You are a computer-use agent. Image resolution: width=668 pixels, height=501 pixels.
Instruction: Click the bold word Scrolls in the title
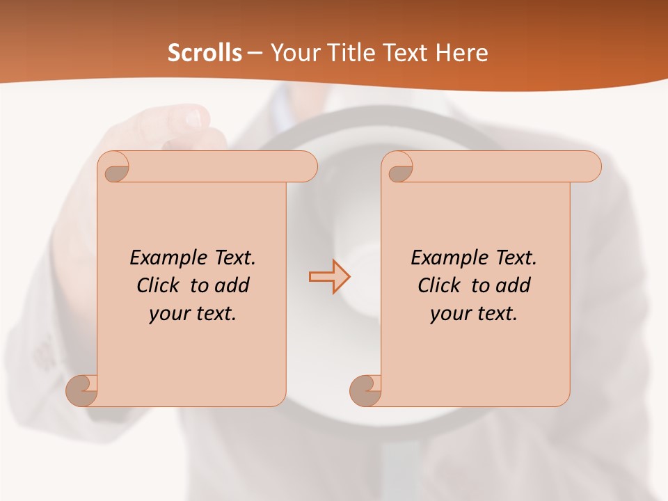205,53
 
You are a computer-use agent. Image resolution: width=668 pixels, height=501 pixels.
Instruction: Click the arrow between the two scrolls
329,276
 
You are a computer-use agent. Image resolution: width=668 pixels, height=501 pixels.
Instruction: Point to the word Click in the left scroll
159,285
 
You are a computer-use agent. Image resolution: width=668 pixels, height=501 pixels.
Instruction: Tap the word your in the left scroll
169,314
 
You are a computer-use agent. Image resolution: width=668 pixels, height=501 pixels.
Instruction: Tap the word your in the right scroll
450,314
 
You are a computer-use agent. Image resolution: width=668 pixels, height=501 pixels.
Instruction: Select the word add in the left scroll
232,285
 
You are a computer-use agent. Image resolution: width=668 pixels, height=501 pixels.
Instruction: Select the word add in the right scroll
514,285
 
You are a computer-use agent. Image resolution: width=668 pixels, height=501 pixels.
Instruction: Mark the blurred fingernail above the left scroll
193,118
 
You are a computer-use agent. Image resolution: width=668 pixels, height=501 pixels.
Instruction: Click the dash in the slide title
255,54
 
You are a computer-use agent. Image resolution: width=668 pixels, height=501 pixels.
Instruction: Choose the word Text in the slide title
407,53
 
